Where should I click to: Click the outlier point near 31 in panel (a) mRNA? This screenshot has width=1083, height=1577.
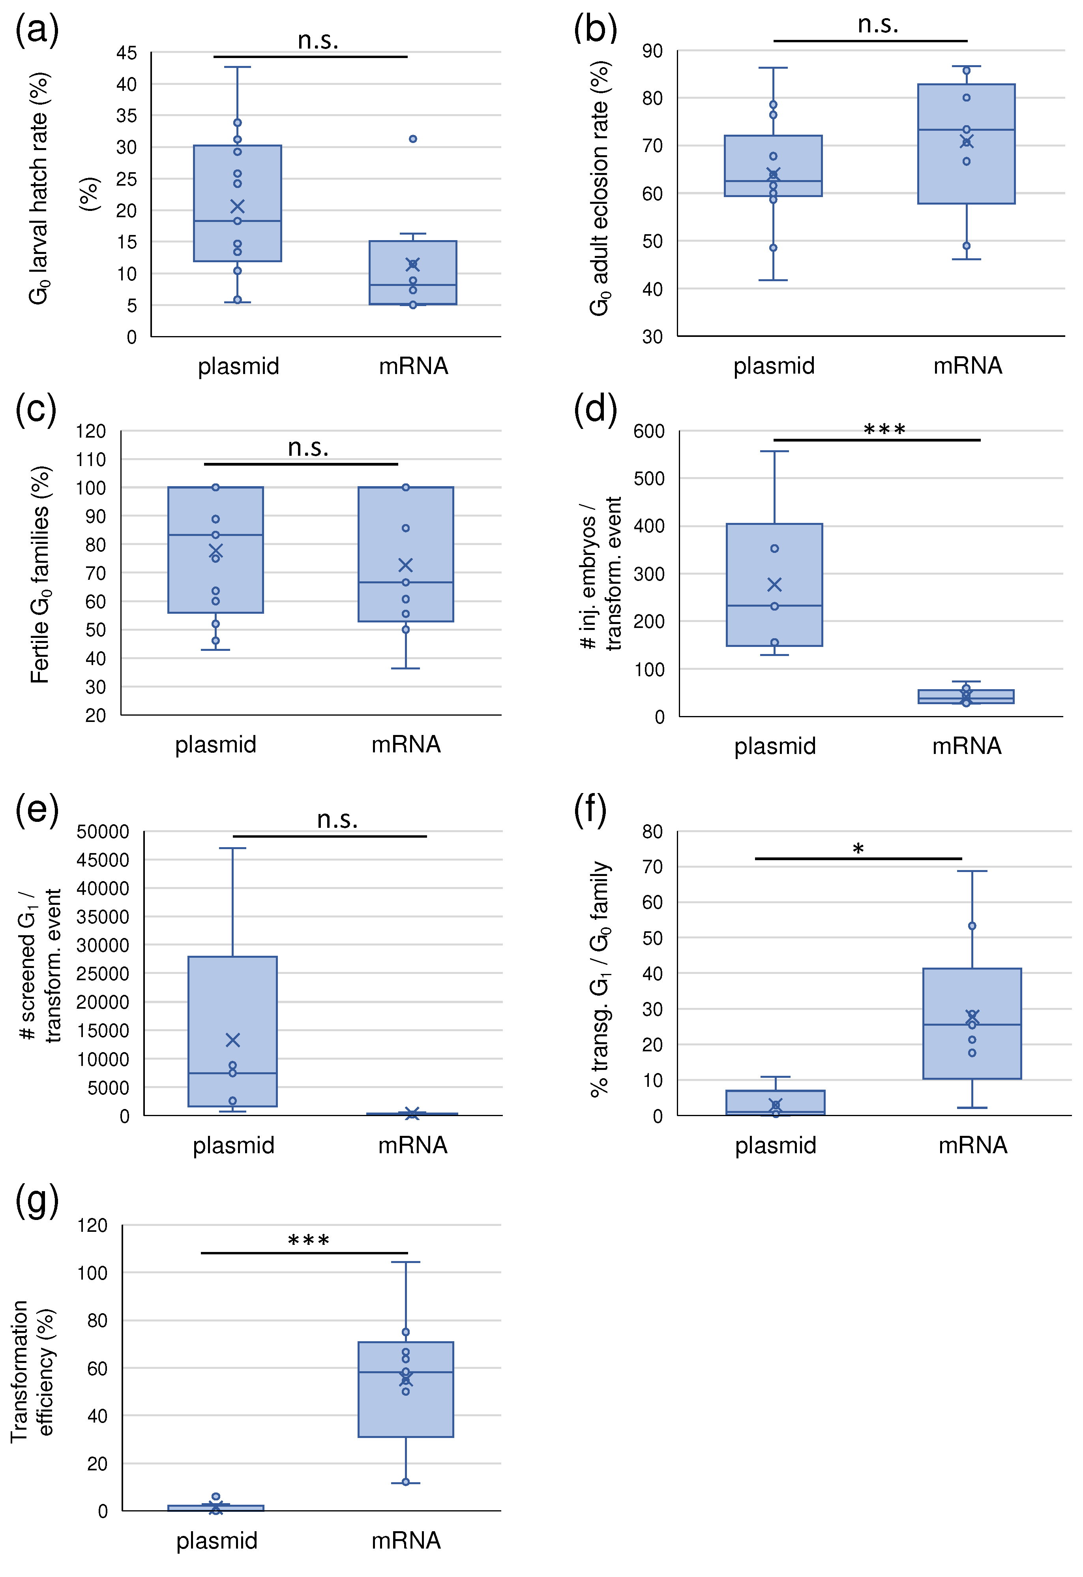(x=412, y=139)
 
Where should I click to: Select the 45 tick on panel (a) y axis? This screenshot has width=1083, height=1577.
(x=126, y=53)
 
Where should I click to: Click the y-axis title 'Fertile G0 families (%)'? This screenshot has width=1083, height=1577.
(x=40, y=574)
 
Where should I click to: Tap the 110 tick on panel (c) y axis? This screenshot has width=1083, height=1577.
(x=91, y=460)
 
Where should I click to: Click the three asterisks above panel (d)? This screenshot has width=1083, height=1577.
(x=884, y=430)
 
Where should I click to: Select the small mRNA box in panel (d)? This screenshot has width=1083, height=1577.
(x=966, y=697)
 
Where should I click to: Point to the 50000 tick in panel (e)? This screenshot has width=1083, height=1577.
(x=103, y=832)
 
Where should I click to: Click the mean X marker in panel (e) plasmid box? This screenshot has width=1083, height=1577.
(x=233, y=1040)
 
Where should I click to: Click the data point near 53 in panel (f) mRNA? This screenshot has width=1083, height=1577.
(x=972, y=926)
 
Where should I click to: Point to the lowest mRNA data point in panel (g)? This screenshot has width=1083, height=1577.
(x=406, y=1481)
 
